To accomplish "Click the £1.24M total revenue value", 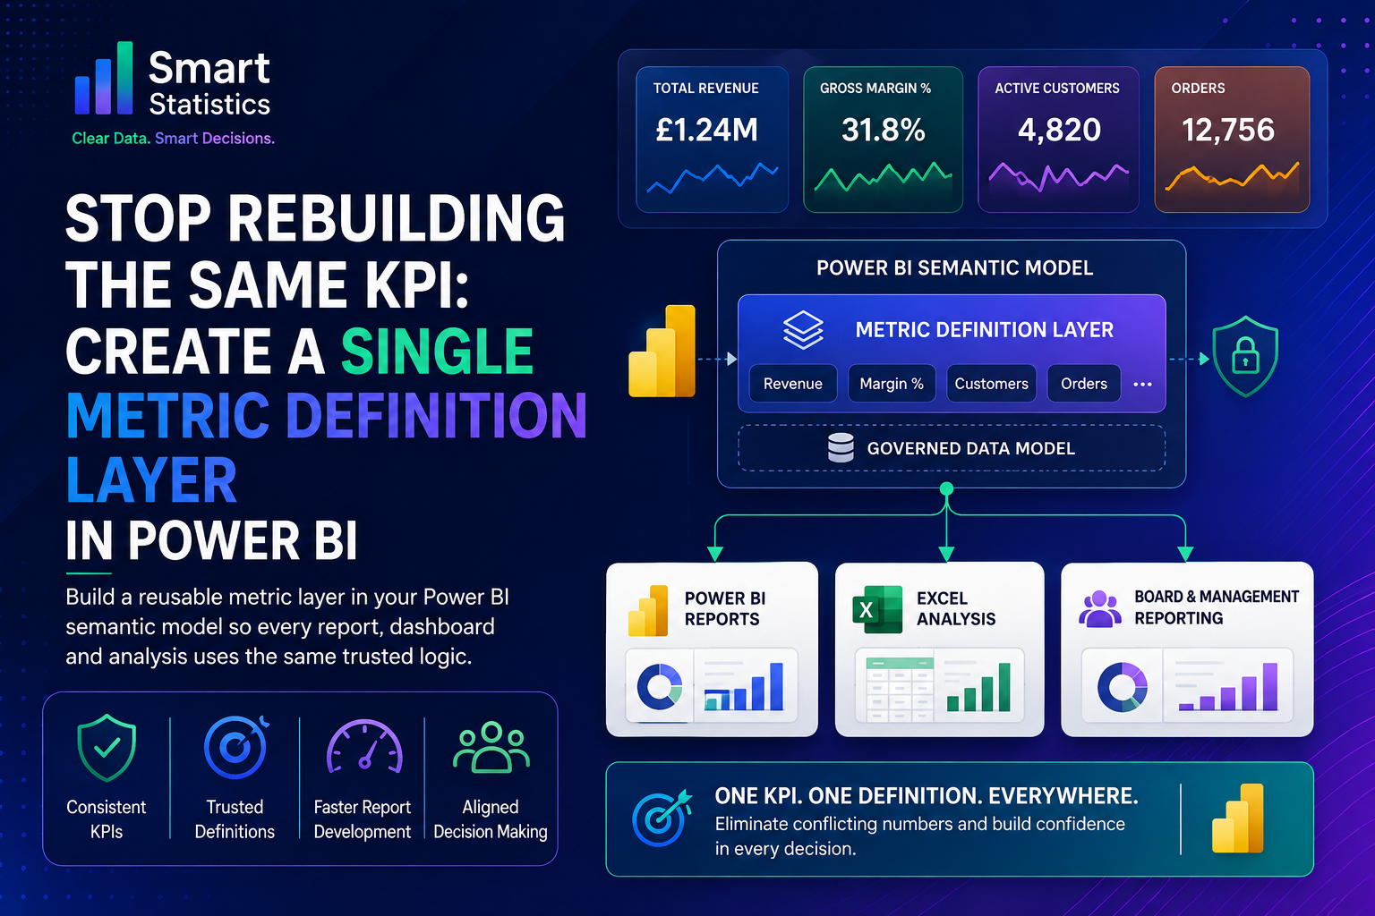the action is (x=706, y=130).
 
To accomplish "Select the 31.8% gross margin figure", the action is (x=884, y=130).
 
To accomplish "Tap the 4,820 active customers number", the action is (x=1060, y=130).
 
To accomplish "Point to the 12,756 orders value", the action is (x=1228, y=130).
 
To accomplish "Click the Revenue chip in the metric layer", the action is (x=793, y=384).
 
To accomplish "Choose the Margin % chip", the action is (x=892, y=384).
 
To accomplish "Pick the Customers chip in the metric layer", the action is (x=991, y=384).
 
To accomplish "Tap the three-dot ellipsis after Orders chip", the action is (x=1142, y=384).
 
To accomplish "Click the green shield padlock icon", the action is (x=1245, y=356).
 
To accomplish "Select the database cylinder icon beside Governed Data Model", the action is (x=841, y=448).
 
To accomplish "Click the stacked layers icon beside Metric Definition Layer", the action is (x=803, y=329).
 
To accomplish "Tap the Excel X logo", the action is (x=878, y=609).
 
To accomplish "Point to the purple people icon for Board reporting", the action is (x=1100, y=608).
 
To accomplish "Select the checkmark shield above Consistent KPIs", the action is (x=107, y=747).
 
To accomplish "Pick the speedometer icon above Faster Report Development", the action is (x=364, y=746).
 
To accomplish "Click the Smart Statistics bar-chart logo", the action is (x=104, y=79).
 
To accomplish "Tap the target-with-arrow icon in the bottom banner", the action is (x=662, y=818).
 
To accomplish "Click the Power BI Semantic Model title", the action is (x=954, y=268).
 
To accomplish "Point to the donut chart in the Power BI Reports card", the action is (x=660, y=686).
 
